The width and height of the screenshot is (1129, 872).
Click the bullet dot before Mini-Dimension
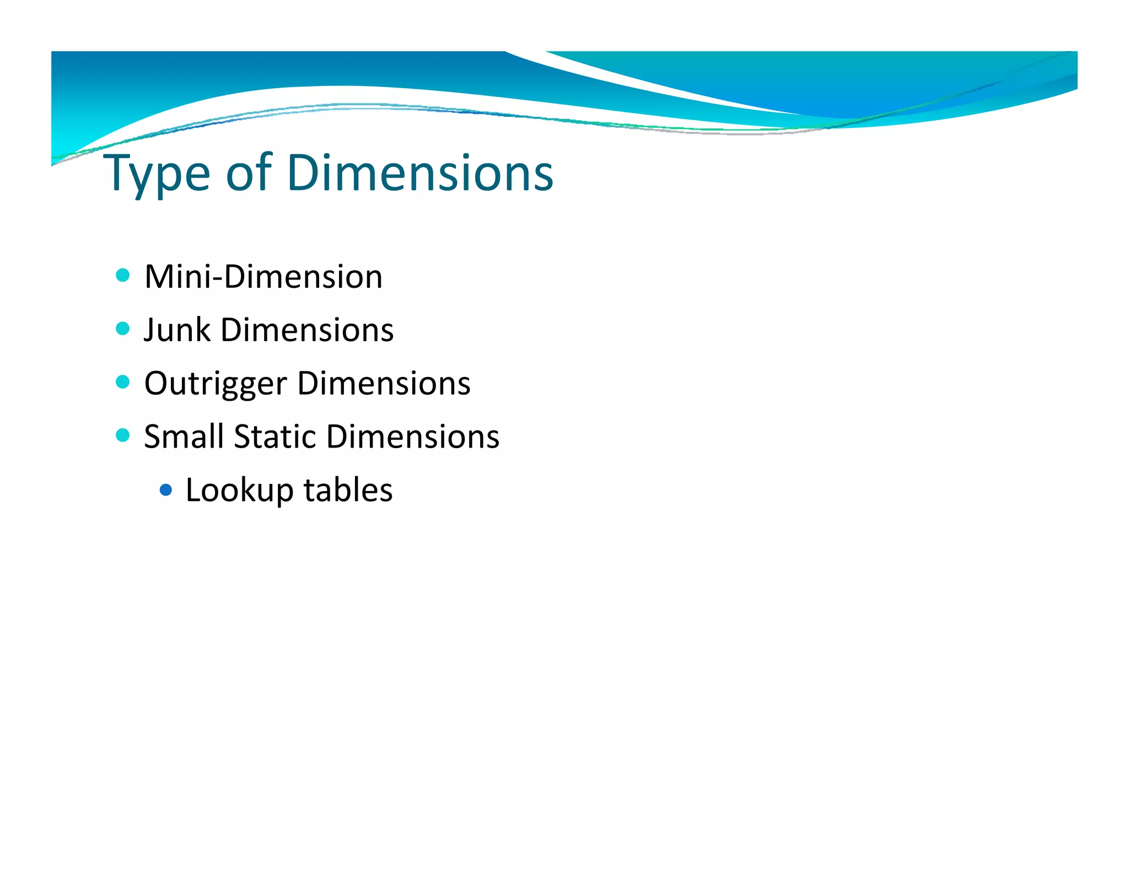click(x=123, y=275)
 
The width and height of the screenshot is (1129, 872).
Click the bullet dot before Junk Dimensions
click(x=123, y=329)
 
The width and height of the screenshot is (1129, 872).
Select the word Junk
click(x=177, y=330)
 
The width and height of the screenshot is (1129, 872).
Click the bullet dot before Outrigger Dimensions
click(x=123, y=382)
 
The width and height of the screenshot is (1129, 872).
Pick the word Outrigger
click(x=216, y=384)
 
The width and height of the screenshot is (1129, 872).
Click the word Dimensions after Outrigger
click(x=384, y=383)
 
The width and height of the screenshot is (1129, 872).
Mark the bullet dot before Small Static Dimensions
click(x=123, y=435)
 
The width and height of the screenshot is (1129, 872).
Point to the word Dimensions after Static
click(x=413, y=437)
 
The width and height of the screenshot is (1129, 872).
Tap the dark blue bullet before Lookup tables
click(x=165, y=489)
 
